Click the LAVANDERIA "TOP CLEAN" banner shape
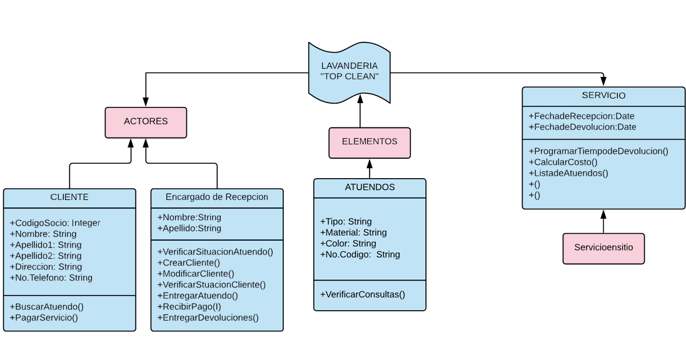(349, 72)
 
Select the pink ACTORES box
(146, 121)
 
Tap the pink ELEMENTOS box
(370, 142)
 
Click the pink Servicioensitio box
(603, 247)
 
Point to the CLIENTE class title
(69, 197)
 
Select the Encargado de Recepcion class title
(217, 197)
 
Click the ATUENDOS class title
(370, 187)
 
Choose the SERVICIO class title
(603, 96)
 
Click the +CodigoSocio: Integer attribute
(55, 223)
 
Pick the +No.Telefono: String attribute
(51, 277)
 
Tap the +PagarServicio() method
(44, 317)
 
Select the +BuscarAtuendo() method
(47, 306)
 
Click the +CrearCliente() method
(188, 262)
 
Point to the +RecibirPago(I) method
(189, 306)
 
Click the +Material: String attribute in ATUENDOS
(353, 232)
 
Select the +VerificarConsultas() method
(363, 294)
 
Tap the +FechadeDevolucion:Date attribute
(582, 127)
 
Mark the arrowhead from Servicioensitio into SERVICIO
(603, 213)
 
